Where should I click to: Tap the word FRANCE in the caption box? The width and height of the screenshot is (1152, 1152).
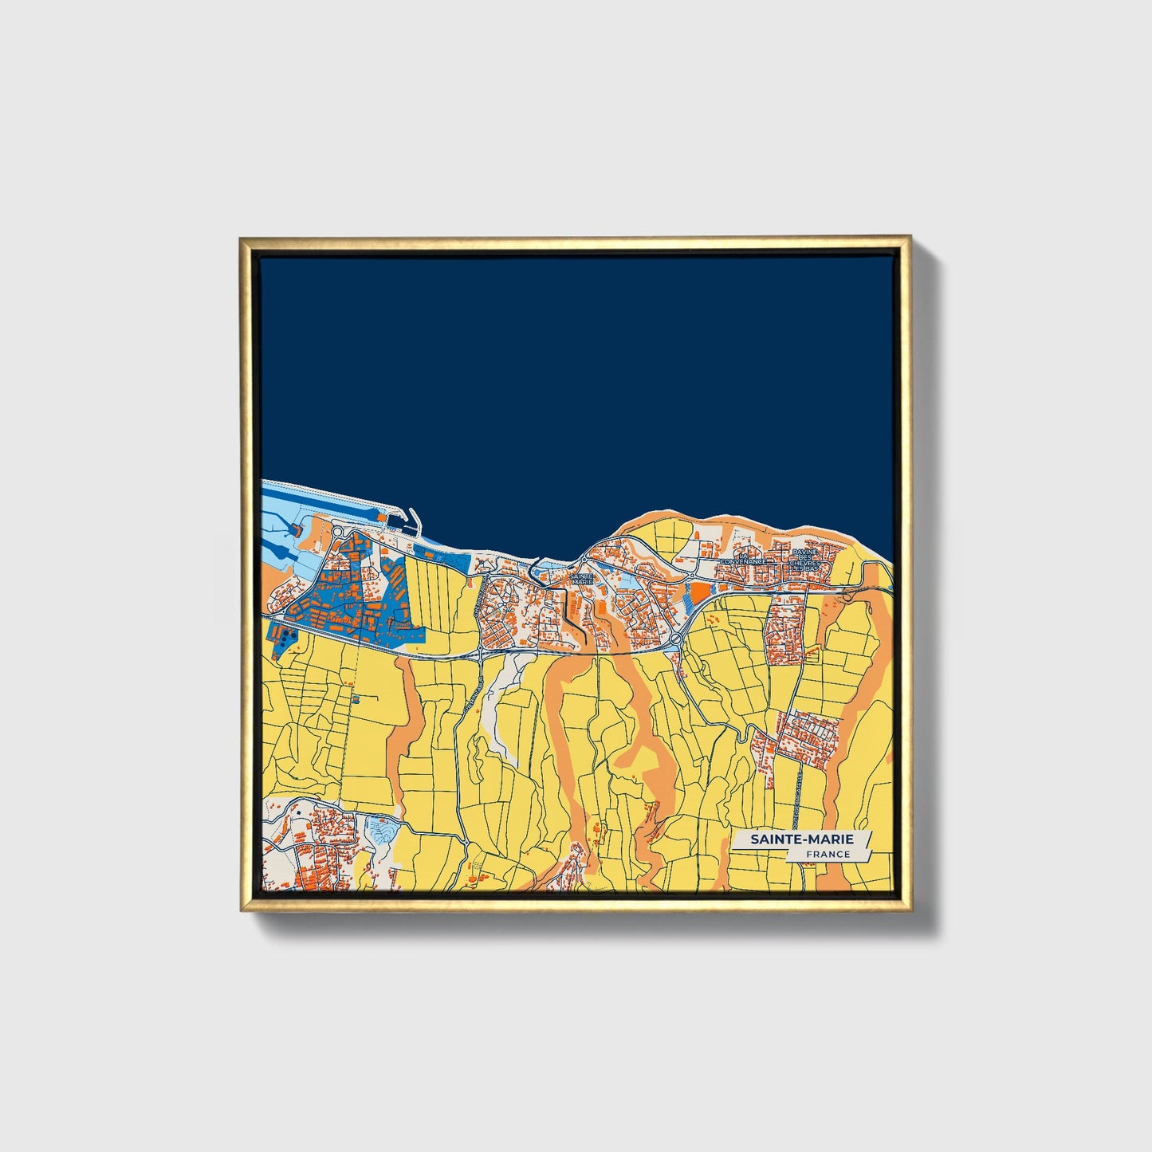828,854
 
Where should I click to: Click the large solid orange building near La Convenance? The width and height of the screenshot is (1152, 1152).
698,592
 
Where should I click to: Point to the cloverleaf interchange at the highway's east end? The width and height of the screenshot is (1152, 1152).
847,592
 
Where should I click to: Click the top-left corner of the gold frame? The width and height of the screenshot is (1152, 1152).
242,238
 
